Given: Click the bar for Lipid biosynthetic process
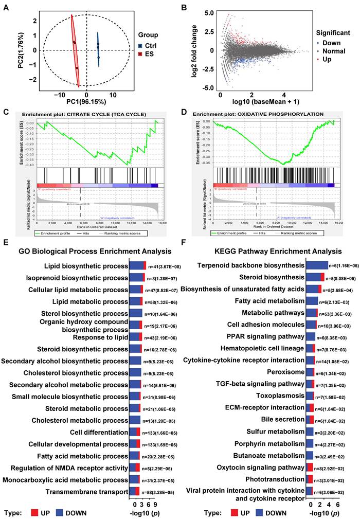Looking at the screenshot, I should (x=137, y=266).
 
